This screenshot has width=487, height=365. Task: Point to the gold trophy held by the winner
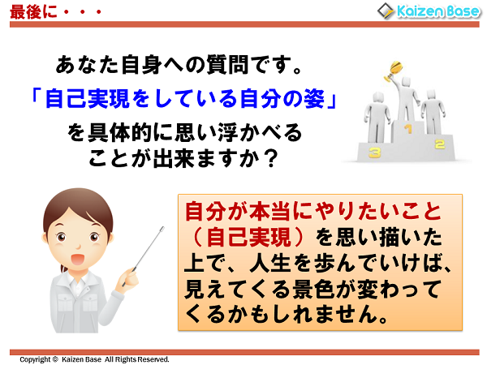(398, 64)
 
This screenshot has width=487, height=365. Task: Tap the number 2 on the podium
(439, 144)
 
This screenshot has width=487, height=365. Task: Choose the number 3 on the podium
(374, 151)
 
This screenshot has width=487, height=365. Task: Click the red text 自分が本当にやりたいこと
(312, 213)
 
